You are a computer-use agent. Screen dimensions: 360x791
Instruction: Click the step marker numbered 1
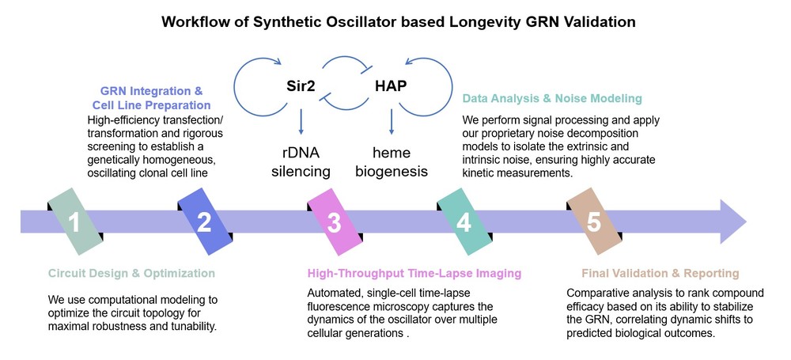pos(74,222)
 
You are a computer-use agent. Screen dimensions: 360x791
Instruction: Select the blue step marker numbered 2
pos(204,222)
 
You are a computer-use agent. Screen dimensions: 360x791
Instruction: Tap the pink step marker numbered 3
pos(334,222)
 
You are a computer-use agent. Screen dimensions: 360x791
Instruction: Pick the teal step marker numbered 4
pos(464,222)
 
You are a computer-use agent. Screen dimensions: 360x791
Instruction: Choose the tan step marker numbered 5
pos(594,222)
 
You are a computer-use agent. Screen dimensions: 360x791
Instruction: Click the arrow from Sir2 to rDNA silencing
pos(301,120)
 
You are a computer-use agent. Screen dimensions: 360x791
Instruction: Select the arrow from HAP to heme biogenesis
pos(392,120)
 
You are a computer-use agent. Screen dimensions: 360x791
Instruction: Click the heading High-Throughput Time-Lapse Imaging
pos(414,274)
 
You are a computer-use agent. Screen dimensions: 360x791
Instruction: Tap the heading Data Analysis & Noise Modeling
pos(552,99)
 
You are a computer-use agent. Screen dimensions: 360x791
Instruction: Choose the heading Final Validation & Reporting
pos(660,274)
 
